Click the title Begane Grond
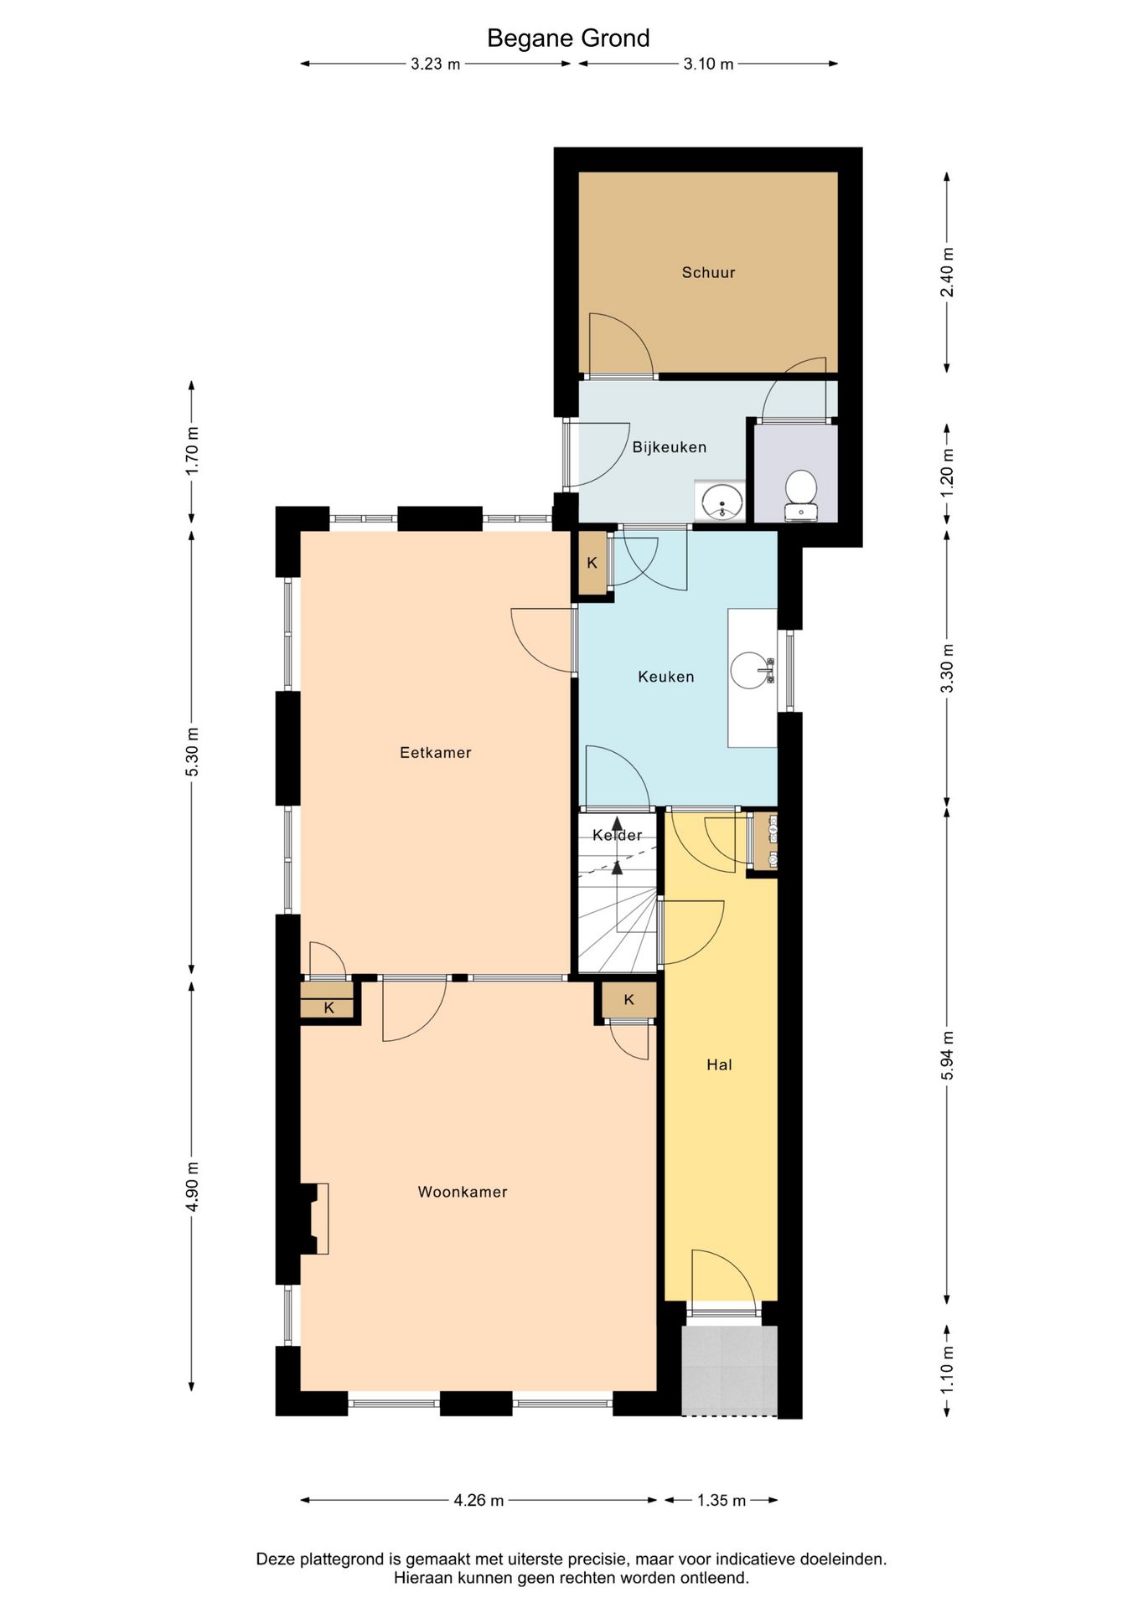tap(568, 39)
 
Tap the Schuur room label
tap(708, 272)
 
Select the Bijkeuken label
tap(670, 447)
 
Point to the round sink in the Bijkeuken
tap(721, 502)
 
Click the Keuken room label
tap(666, 677)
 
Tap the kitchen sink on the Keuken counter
tap(753, 670)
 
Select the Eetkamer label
tap(436, 753)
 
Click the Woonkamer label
tap(463, 1192)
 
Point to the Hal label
tap(719, 1064)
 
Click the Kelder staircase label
tap(618, 835)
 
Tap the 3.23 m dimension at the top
tap(436, 64)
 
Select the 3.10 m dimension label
tap(709, 64)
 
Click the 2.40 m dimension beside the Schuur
tap(948, 272)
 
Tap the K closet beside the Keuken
tap(592, 563)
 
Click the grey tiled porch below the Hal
tap(729, 1371)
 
